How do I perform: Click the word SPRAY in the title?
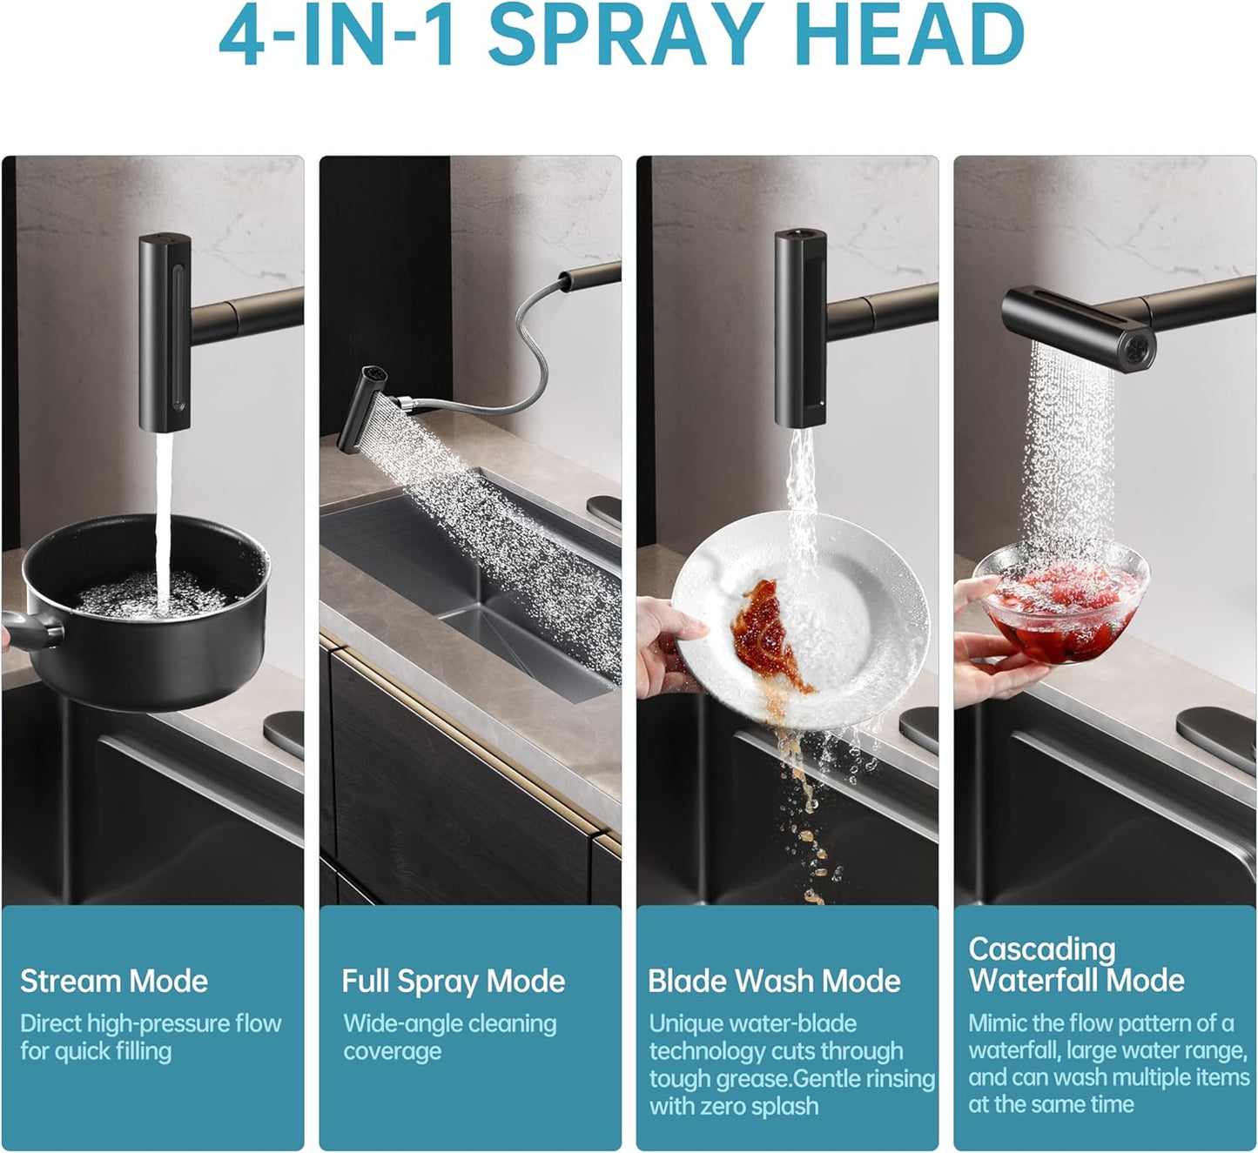pos(625,35)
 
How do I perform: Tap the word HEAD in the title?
pos(912,35)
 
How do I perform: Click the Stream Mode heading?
pos(113,982)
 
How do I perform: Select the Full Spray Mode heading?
pos(453,982)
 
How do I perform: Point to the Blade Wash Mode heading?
pos(774,982)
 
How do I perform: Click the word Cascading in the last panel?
pos(1041,951)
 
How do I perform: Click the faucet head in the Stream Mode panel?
pos(165,332)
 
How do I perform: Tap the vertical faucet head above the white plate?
pos(800,328)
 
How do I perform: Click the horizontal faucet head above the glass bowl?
pos(1079,328)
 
